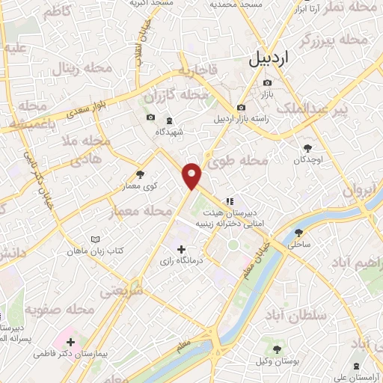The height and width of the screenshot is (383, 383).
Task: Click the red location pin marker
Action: point(192,175)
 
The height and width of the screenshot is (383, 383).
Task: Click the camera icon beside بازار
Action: point(267,83)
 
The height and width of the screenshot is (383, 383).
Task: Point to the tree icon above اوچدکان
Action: point(307,148)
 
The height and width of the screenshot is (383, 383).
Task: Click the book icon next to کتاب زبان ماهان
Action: point(95,239)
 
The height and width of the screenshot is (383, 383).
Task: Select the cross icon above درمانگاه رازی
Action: point(180,248)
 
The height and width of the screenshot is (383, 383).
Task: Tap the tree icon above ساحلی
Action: point(299,233)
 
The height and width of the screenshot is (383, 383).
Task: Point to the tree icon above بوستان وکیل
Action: point(278,349)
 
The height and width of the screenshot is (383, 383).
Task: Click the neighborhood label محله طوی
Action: point(246,161)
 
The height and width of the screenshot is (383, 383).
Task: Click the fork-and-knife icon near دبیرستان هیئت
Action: point(230,200)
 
